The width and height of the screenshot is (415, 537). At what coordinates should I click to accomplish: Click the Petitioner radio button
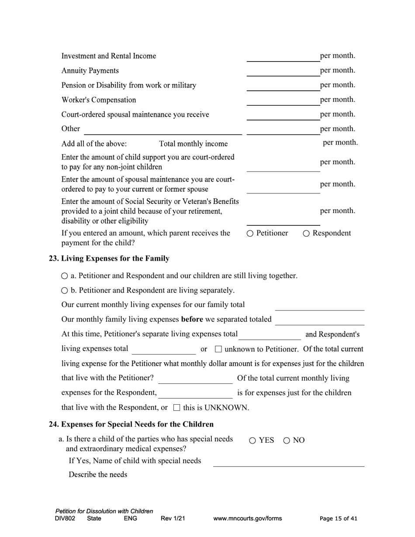pyautogui.click(x=250, y=234)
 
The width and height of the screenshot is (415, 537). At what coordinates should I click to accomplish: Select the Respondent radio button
pyautogui.click(x=306, y=234)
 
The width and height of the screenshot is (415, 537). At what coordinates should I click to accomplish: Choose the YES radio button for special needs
pyautogui.click(x=252, y=441)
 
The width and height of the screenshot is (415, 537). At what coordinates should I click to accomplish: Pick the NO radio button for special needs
pyautogui.click(x=287, y=441)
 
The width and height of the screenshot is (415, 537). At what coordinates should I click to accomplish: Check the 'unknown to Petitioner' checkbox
pyautogui.click(x=219, y=349)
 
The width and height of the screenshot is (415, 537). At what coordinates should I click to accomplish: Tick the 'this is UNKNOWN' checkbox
pyautogui.click(x=177, y=408)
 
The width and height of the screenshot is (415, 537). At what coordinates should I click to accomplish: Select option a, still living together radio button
pyautogui.click(x=65, y=276)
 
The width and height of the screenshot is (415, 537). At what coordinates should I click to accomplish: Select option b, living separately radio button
pyautogui.click(x=65, y=291)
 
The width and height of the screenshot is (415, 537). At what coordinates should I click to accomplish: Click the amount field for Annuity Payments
pyautogui.click(x=283, y=71)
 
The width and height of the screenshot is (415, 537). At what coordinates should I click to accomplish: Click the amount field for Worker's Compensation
pyautogui.click(x=283, y=100)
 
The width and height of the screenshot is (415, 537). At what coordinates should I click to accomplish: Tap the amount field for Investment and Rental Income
pyautogui.click(x=283, y=57)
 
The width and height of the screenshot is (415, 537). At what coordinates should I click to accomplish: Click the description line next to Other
pyautogui.click(x=163, y=130)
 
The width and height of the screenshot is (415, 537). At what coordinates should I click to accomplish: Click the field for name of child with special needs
pyautogui.click(x=288, y=461)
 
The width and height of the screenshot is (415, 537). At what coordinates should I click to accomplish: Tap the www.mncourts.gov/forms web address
pyautogui.click(x=247, y=519)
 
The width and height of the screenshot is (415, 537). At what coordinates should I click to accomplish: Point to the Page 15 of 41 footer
pyautogui.click(x=338, y=519)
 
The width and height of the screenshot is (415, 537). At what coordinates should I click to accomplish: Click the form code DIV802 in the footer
pyautogui.click(x=65, y=519)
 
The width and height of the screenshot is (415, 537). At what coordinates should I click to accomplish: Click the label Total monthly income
pyautogui.click(x=193, y=144)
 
